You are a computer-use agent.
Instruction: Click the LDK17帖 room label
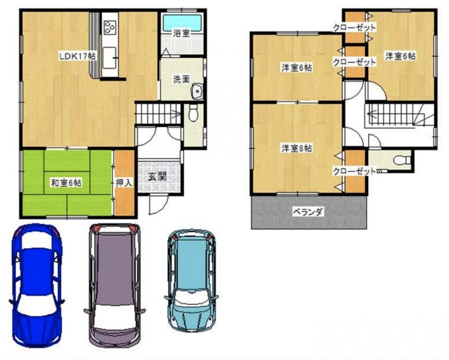coord(77,57)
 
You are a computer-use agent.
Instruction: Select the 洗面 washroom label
coord(181,79)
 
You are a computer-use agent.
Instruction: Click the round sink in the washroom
coord(197,92)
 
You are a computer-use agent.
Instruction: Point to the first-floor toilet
coord(194,113)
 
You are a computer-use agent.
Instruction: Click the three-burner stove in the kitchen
coord(109,28)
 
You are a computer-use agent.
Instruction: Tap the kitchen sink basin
coord(109,58)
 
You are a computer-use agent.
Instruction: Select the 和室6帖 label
coord(66,183)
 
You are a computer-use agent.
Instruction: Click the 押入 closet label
coord(124,183)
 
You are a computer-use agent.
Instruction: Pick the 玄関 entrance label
coord(157,177)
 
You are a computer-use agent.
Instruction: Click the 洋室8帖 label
coord(297,148)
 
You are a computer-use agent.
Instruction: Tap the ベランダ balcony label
coord(308,212)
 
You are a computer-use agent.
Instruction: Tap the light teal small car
coord(191,280)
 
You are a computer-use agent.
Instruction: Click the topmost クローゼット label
coord(354,28)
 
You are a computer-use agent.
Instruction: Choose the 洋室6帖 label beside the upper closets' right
coord(400,56)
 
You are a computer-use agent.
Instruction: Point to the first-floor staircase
coord(158,114)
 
